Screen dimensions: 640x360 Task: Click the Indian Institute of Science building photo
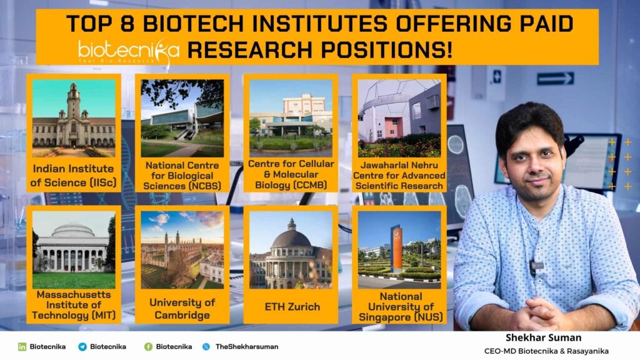click(74, 118)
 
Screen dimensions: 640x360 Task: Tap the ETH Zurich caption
click(292, 306)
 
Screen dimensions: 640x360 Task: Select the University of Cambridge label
click(182, 309)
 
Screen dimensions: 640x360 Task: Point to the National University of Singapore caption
click(401, 307)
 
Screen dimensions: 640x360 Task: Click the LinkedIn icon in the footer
click(22, 346)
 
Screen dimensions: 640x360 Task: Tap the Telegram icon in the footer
click(82, 346)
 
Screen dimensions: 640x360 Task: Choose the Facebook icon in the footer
click(149, 346)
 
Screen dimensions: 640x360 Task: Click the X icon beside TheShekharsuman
click(206, 346)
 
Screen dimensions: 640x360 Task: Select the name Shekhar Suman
click(543, 337)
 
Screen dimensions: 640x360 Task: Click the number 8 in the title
click(127, 23)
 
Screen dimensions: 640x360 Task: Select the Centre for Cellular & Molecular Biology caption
click(291, 174)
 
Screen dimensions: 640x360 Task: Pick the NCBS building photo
click(182, 118)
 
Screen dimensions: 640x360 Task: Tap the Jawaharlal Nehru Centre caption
click(399, 176)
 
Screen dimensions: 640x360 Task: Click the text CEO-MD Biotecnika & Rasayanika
click(546, 351)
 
